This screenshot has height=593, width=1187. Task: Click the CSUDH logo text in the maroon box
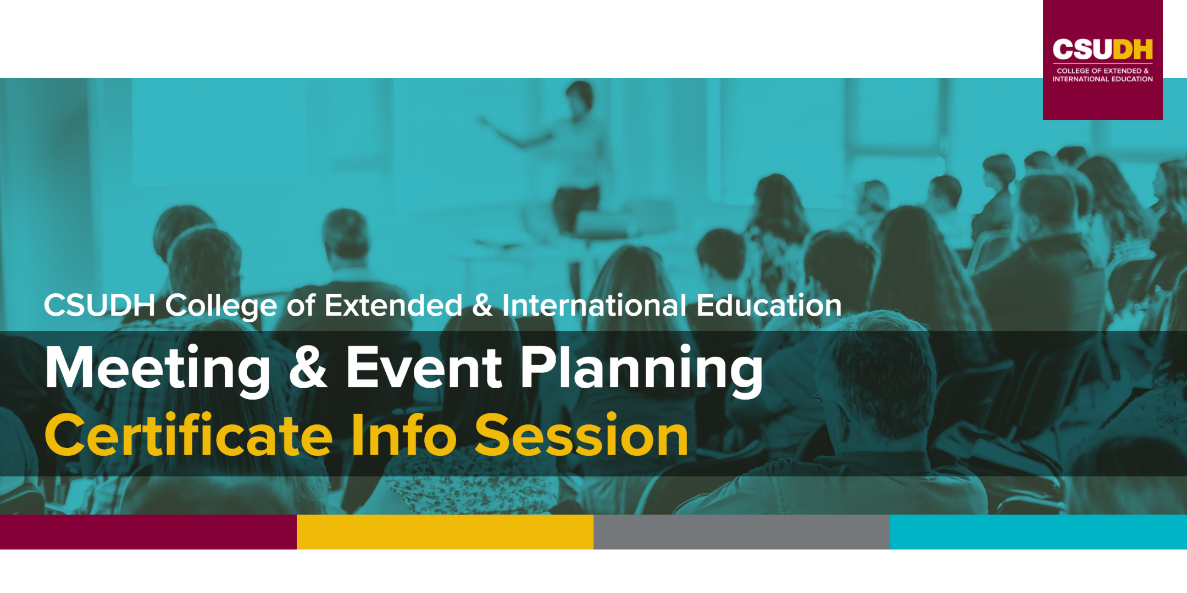pyautogui.click(x=1102, y=49)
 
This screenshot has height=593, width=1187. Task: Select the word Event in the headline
pyautogui.click(x=424, y=368)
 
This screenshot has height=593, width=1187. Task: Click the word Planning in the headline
pyautogui.click(x=641, y=368)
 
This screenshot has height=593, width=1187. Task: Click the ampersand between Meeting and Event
pyautogui.click(x=308, y=368)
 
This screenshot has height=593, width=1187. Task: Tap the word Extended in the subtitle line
pyautogui.click(x=393, y=305)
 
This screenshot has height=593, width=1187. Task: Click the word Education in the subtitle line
pyautogui.click(x=769, y=305)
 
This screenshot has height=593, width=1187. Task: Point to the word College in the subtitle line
pyautogui.click(x=221, y=305)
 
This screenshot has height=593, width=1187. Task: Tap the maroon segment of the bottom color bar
pyautogui.click(x=148, y=532)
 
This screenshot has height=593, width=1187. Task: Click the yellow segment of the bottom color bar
pyautogui.click(x=445, y=532)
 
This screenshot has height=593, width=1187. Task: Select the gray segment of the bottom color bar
pyautogui.click(x=742, y=532)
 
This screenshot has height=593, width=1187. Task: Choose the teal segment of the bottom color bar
pyautogui.click(x=1039, y=532)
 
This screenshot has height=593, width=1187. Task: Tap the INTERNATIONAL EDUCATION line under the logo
pyautogui.click(x=1102, y=79)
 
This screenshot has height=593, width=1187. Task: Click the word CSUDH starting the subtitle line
pyautogui.click(x=99, y=305)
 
